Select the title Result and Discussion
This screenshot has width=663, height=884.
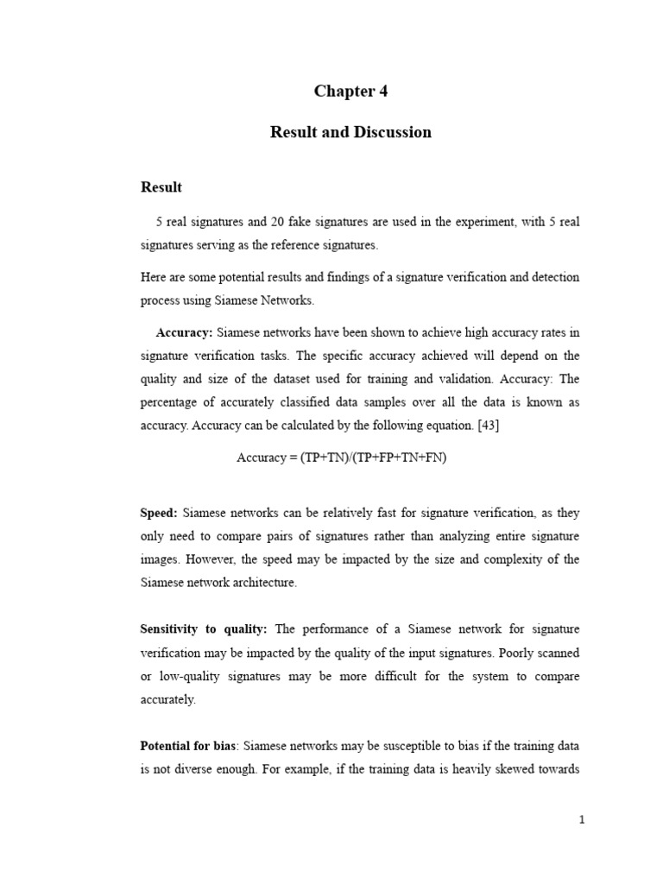point(350,132)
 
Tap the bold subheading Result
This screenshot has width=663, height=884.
point(161,187)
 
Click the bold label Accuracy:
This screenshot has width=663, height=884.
point(184,332)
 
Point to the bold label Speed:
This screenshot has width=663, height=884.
point(159,513)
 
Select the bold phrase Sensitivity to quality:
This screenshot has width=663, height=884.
point(204,628)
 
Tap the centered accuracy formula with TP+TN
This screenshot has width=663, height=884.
point(341,458)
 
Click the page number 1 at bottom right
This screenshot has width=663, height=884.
point(582,821)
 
